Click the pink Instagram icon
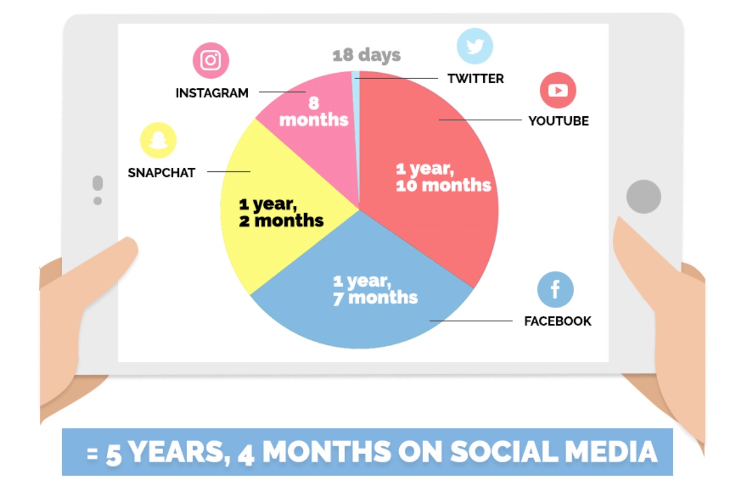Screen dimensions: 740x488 coord(211,60)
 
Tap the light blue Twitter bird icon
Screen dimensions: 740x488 coord(475,46)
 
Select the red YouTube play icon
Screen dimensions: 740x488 coord(558,90)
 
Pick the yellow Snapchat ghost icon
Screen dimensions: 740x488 coord(158,140)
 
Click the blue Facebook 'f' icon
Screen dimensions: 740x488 coord(555,290)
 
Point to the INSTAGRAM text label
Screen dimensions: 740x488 coord(212,93)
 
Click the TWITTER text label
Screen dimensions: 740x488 coord(476,79)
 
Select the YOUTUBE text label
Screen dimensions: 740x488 coord(559,121)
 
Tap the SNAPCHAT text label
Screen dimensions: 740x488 coord(161,172)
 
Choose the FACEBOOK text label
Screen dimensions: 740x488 coord(557,321)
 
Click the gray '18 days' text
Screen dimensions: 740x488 coord(366,55)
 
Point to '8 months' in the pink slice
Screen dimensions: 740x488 coord(314,111)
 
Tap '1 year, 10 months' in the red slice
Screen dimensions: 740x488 coord(443,177)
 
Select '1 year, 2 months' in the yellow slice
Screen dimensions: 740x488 coord(281,213)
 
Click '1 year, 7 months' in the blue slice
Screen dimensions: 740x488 coord(376,290)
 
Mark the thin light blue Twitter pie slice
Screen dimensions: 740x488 coord(356,132)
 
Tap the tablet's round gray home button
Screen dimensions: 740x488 coord(644,197)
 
